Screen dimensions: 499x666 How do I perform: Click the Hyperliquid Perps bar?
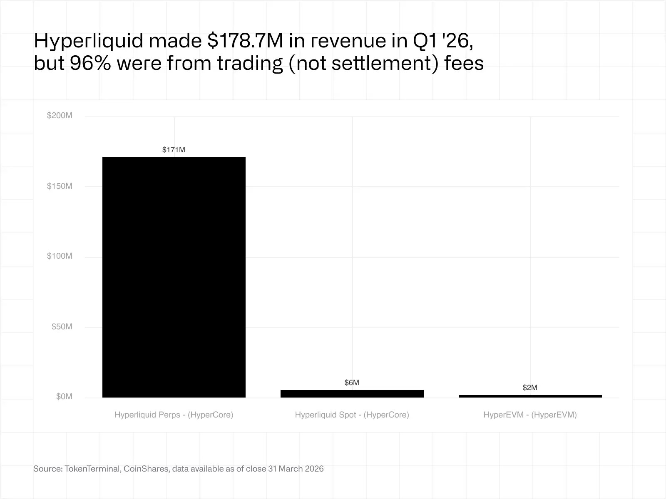[x=174, y=277]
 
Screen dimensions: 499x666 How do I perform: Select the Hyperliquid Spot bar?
[x=352, y=393]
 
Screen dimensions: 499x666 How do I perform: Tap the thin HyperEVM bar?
[x=530, y=396]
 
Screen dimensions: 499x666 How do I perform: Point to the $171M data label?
[x=174, y=150]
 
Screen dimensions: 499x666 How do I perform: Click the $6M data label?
[x=352, y=383]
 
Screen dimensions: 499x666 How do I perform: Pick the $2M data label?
[x=530, y=388]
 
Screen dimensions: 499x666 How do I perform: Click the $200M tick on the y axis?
[x=60, y=116]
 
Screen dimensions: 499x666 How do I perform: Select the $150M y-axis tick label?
[x=60, y=186]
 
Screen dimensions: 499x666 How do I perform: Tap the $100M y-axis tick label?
[x=60, y=256]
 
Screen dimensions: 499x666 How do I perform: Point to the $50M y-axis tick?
[x=62, y=327]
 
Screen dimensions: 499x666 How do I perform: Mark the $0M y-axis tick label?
[x=64, y=397]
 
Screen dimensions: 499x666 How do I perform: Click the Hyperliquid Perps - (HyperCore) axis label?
[x=174, y=415]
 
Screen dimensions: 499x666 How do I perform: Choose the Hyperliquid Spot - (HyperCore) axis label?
[x=352, y=415]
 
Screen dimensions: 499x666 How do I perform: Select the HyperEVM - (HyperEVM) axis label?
[x=530, y=415]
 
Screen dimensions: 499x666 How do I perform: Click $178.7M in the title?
[x=245, y=41]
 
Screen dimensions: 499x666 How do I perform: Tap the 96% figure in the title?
[x=90, y=63]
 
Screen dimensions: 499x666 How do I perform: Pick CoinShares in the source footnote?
[x=146, y=469]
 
